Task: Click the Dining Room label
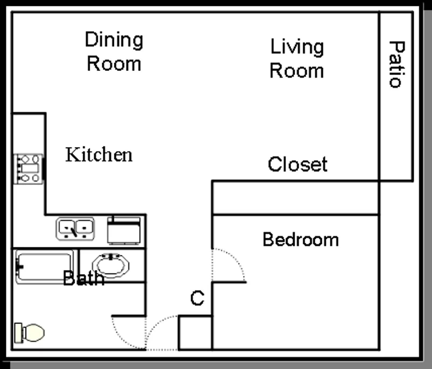point(114,52)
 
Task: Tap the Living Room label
point(297,59)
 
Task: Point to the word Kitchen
point(99,155)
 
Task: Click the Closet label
point(298,164)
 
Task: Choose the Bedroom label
point(301,240)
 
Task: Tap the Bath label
point(83,278)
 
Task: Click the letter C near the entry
point(197,298)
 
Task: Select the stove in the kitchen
point(28,169)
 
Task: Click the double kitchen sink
point(75,229)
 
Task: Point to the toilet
point(30,333)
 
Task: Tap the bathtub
point(44,267)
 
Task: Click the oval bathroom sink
point(111,266)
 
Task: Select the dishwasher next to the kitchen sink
point(124,231)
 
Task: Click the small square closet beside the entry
point(195,333)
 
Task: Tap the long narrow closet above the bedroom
point(296,198)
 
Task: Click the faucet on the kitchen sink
point(73,231)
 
